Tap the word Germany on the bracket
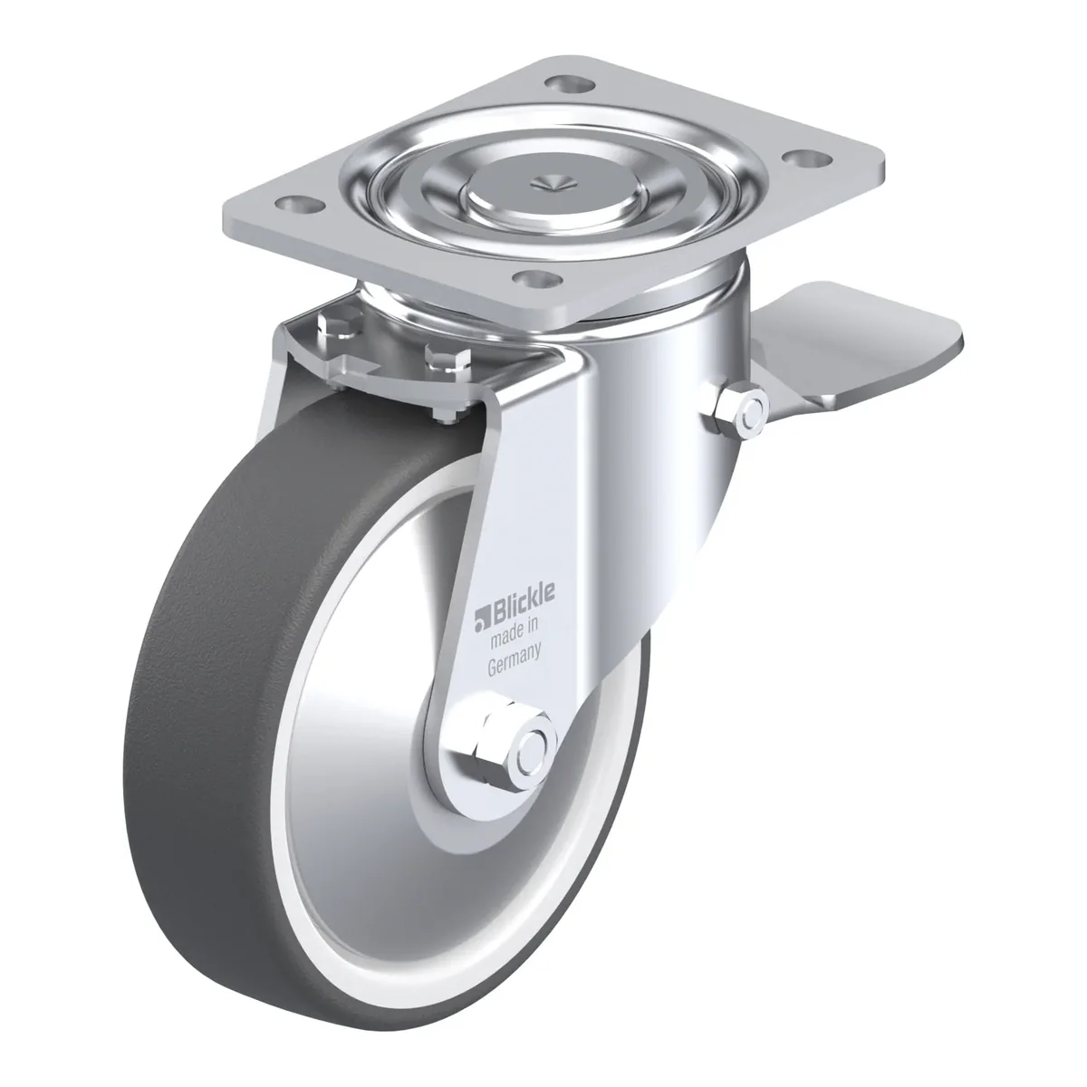[x=514, y=660]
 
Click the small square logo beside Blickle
[x=481, y=620]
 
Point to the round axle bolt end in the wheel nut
[x=533, y=755]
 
